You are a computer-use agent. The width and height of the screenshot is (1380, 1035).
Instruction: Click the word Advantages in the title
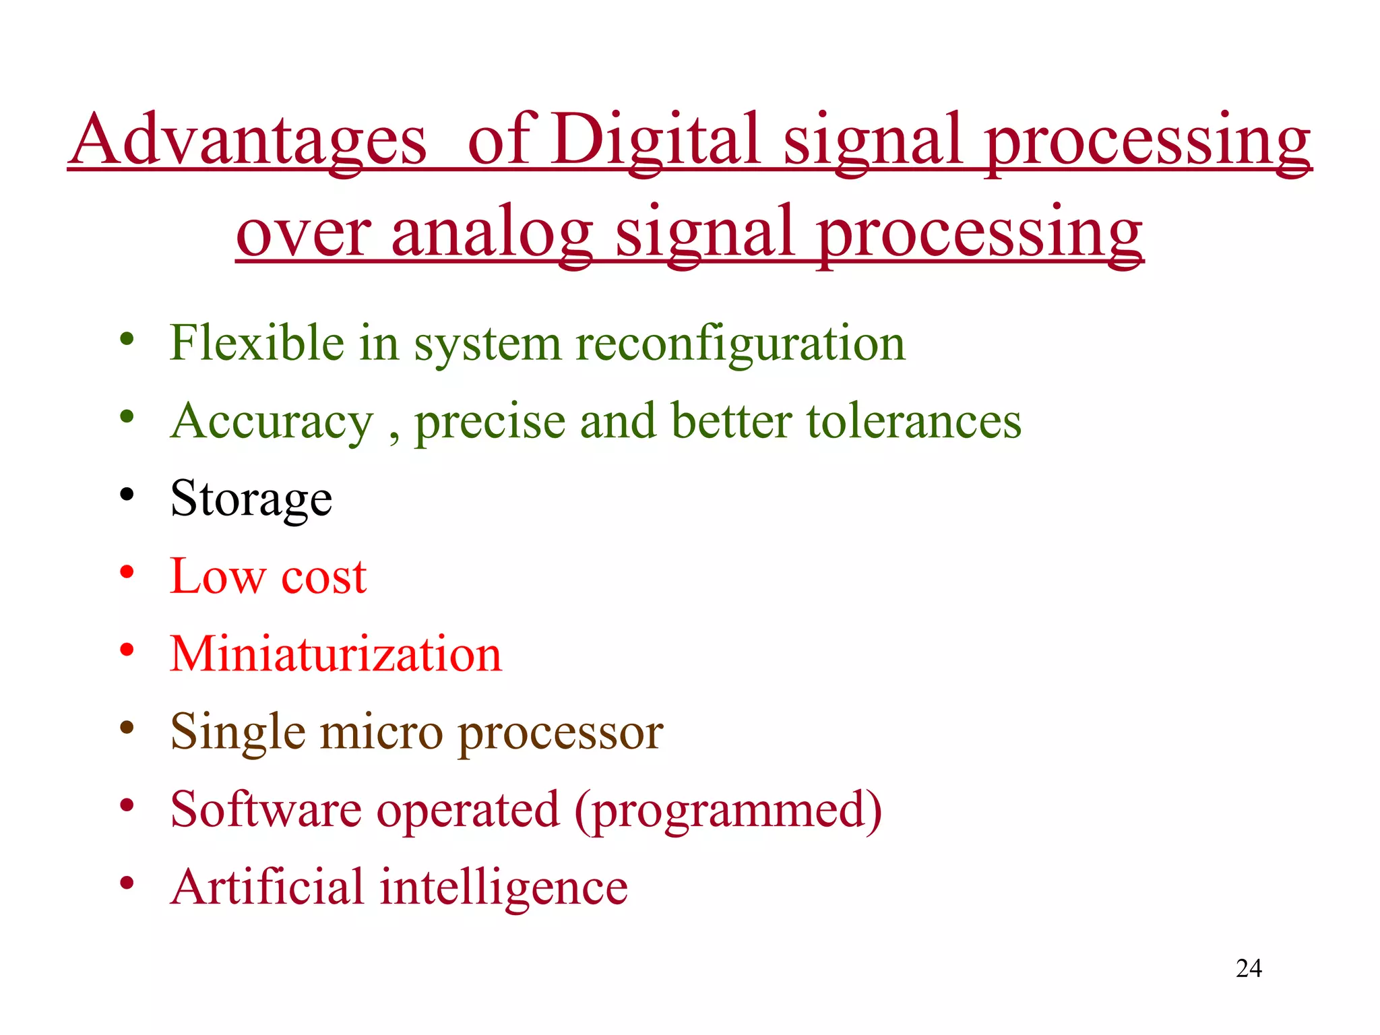[x=248, y=139]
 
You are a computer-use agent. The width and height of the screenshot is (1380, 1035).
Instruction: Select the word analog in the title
[x=492, y=232]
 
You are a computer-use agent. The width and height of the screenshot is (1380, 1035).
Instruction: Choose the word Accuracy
[x=272, y=421]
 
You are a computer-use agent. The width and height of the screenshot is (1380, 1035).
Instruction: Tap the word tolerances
[x=914, y=421]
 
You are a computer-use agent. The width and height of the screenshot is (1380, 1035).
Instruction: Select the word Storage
[x=251, y=499]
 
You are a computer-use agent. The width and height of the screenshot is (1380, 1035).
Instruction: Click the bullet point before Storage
[x=127, y=496]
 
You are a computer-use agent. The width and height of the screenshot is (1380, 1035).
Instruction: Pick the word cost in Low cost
[x=324, y=577]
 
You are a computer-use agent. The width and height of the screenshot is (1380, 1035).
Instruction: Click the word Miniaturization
[x=336, y=654]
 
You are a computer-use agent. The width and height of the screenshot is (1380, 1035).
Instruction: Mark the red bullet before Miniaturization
[x=127, y=650]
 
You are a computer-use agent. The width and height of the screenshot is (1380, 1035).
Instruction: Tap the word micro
[x=381, y=732]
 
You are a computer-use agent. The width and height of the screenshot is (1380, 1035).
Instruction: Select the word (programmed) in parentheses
[x=728, y=811]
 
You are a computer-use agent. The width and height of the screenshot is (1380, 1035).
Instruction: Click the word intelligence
[x=504, y=888]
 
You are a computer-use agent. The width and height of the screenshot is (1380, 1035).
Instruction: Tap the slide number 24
[x=1249, y=968]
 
